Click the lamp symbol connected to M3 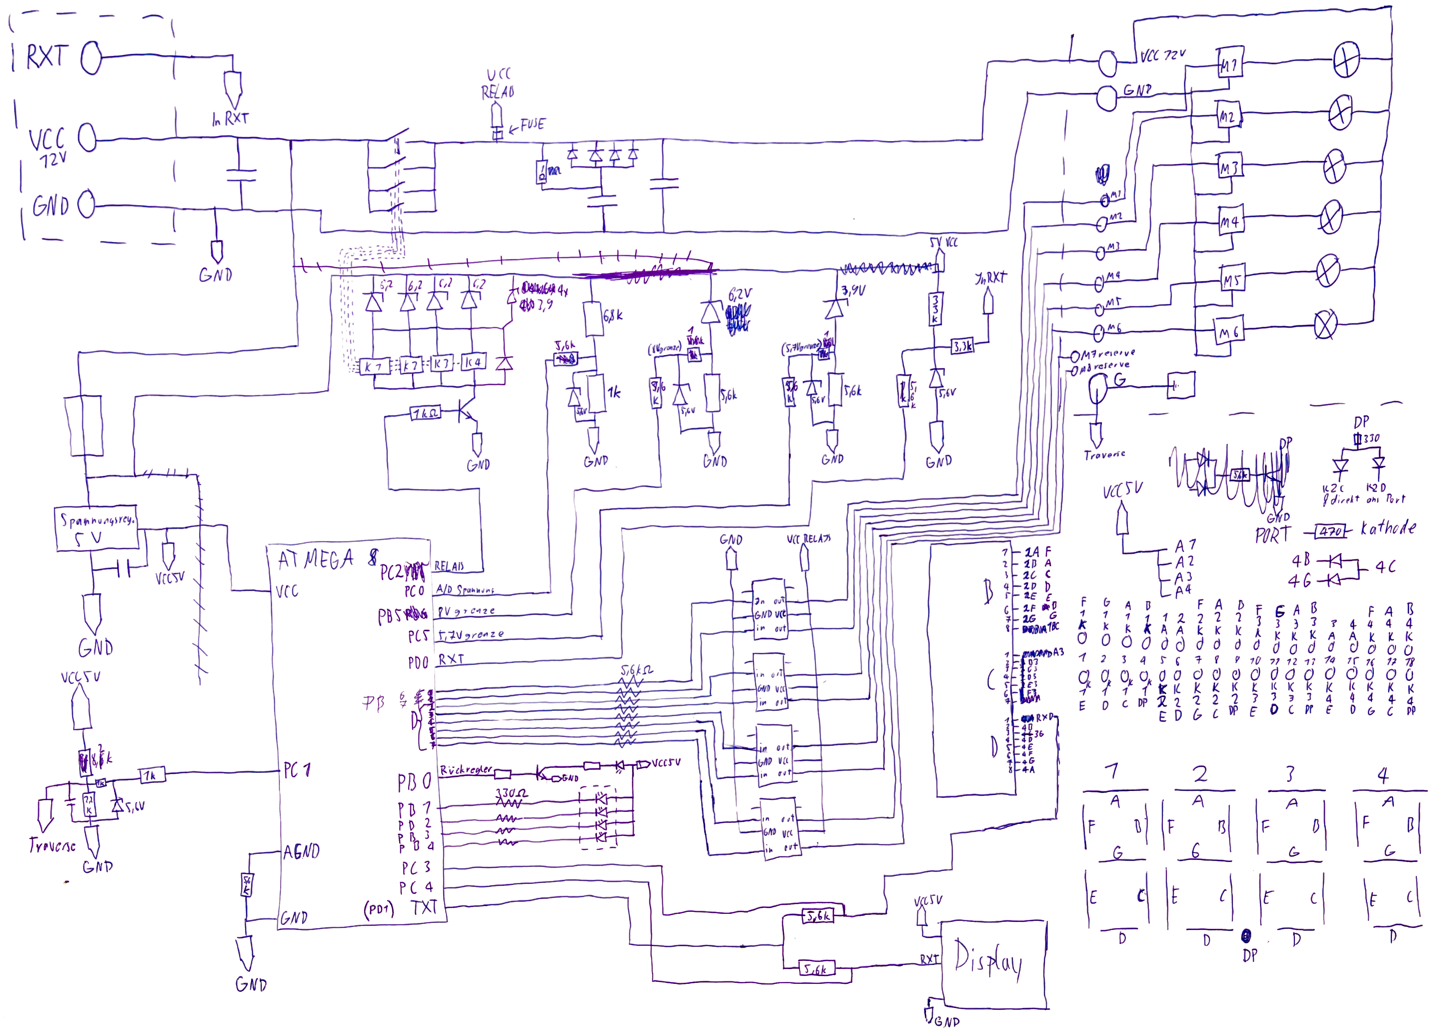1334,166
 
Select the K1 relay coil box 373,366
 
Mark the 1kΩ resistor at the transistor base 426,414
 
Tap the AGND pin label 301,852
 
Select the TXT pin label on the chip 424,908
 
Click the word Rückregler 466,770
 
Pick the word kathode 1388,528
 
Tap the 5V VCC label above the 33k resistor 944,242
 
